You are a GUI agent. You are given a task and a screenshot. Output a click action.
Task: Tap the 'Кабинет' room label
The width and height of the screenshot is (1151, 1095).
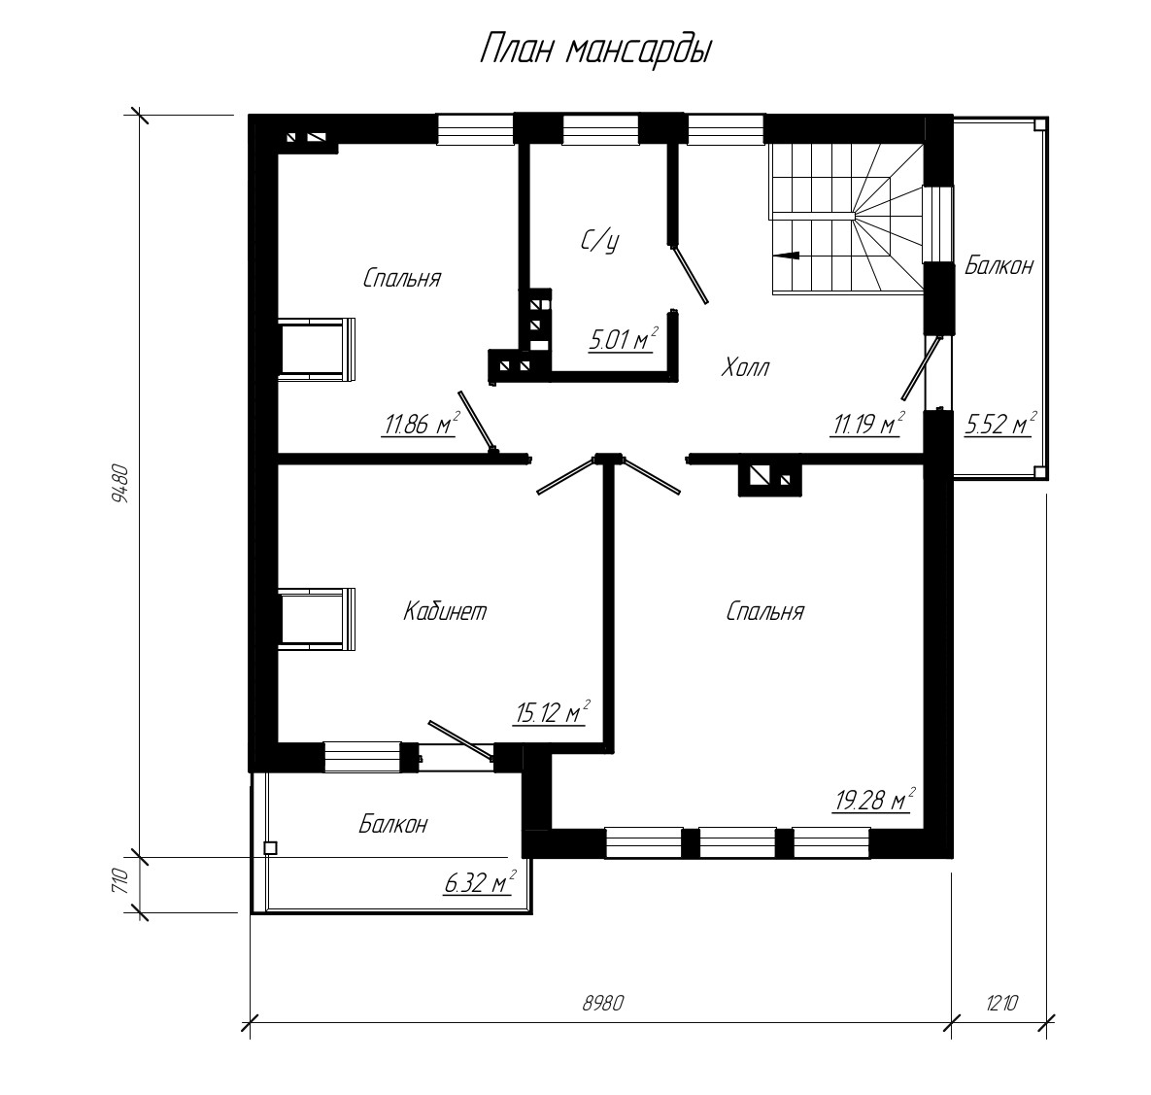coord(445,611)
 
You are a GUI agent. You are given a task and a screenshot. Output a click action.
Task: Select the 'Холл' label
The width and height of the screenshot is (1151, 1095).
coord(745,366)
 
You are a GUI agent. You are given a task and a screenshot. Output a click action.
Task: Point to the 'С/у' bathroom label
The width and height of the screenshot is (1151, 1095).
coord(599,241)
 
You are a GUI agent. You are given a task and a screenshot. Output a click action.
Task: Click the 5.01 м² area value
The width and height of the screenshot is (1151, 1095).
coord(623,339)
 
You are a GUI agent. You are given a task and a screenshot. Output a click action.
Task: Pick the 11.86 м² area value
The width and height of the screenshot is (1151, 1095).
coord(421,424)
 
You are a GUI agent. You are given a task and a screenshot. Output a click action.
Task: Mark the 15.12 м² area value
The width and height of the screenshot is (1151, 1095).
coord(552,712)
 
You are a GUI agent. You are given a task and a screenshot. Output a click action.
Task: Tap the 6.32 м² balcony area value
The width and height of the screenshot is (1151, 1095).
coord(479,882)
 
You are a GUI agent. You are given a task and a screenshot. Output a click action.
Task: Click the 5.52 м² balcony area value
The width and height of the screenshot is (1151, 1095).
coord(1000,424)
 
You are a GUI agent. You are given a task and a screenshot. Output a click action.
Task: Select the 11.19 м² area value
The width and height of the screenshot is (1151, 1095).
coord(867,424)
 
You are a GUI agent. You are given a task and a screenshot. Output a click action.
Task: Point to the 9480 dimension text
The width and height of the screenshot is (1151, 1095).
coord(119,483)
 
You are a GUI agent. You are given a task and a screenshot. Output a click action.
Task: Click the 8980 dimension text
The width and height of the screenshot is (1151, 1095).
coord(602,1003)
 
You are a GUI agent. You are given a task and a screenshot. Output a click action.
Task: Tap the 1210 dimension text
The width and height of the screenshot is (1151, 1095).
coord(1001,1003)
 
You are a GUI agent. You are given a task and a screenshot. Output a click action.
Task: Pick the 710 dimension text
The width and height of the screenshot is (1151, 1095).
coord(120,880)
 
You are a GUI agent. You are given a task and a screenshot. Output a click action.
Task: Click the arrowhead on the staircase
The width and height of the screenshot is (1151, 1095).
coord(786,256)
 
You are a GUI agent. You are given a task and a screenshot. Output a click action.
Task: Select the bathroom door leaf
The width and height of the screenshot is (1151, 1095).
coord(690,275)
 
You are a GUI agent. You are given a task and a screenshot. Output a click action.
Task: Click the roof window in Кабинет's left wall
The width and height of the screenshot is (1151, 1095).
coord(317,618)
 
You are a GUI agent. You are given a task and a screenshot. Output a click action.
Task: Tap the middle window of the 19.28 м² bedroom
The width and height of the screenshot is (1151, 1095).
coord(738,843)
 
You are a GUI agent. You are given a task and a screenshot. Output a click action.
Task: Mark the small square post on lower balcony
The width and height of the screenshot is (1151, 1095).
coord(270,848)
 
